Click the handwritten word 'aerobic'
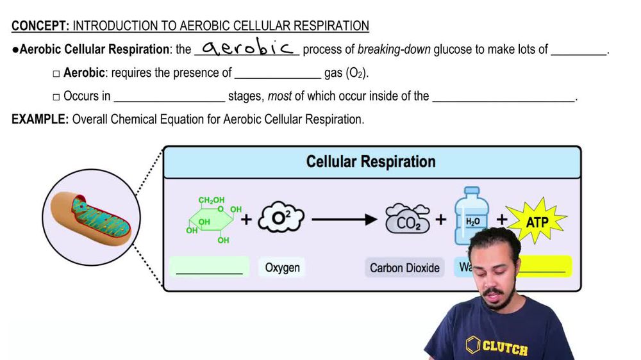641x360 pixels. (x=247, y=49)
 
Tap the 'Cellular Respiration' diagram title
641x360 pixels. (x=370, y=161)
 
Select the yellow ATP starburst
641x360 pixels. (x=537, y=220)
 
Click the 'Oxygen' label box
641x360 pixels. (x=282, y=267)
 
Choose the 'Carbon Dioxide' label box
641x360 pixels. (x=404, y=267)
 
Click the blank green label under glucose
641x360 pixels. (x=209, y=267)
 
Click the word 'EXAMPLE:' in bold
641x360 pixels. (x=40, y=119)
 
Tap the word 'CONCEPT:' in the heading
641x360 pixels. (x=40, y=26)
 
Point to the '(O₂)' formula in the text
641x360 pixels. (x=356, y=73)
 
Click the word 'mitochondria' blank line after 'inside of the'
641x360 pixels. (x=504, y=97)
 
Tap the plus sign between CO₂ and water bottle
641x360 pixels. (x=441, y=220)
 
